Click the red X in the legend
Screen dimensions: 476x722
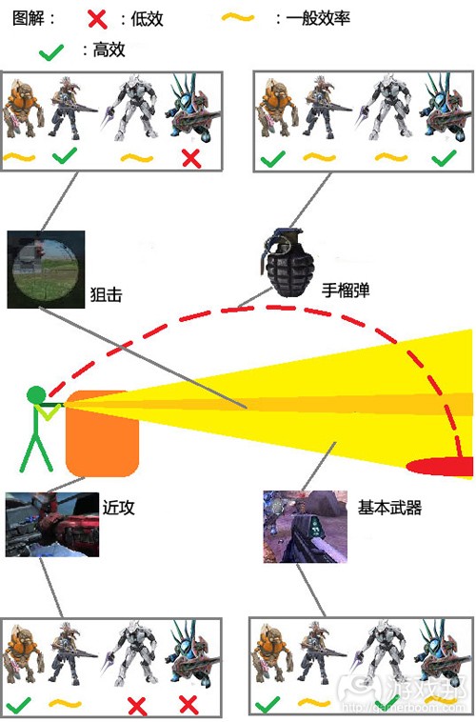coord(98,19)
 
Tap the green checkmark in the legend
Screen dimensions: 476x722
coord(51,51)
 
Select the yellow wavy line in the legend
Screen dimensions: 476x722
coord(238,17)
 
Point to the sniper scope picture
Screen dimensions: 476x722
coord(46,270)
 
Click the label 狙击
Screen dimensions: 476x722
coord(107,294)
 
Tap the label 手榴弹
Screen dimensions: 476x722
coord(346,291)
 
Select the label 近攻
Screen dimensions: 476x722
coord(118,508)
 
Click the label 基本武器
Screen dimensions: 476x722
coord(389,508)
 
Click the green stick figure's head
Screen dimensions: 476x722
coord(36,395)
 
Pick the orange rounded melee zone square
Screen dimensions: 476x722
coord(102,433)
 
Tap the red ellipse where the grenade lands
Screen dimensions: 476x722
coord(440,467)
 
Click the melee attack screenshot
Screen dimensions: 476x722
coord(52,525)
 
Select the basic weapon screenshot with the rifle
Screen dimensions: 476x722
coord(305,527)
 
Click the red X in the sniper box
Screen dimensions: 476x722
coord(191,159)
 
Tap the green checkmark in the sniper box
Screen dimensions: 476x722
coord(65,156)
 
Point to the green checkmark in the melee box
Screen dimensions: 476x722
coord(18,705)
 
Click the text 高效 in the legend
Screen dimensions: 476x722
coord(109,50)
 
